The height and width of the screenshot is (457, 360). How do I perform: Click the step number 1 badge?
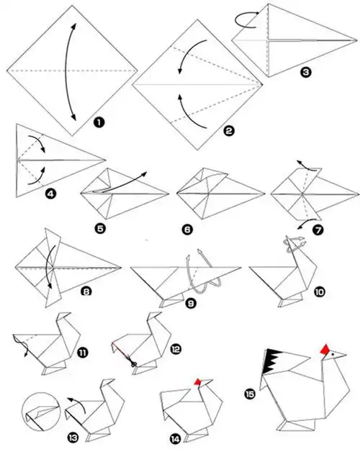[99, 122]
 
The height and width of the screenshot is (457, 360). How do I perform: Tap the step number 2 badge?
[228, 131]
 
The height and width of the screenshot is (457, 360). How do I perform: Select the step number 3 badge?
[306, 72]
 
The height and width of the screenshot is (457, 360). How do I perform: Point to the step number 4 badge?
[50, 194]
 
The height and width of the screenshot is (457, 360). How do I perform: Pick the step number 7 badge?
[318, 230]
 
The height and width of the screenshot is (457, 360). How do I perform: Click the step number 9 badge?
[190, 304]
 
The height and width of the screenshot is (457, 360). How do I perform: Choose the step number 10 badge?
[320, 291]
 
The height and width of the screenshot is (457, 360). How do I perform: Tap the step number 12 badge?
[176, 349]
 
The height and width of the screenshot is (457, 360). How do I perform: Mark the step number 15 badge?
[250, 394]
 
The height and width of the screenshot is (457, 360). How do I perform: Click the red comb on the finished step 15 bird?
[325, 350]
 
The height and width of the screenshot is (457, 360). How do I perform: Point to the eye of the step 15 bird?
[333, 354]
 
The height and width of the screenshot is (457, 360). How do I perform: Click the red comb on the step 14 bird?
[198, 382]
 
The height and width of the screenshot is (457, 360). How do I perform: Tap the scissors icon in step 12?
[133, 363]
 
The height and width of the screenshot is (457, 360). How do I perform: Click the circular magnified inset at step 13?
[41, 411]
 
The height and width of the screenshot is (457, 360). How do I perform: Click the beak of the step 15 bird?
[340, 355]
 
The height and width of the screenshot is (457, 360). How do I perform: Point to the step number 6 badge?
[187, 230]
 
